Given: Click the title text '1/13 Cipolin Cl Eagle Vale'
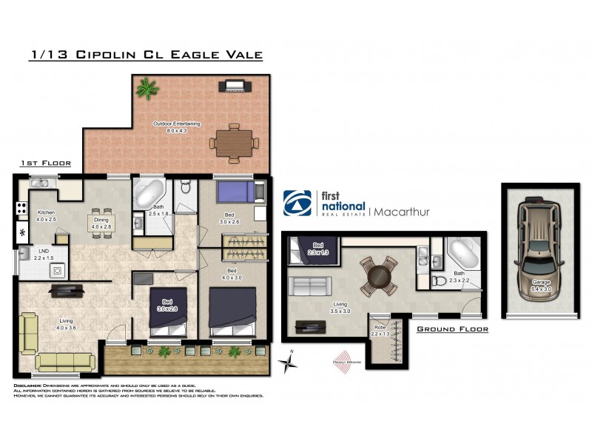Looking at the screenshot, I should pyautogui.click(x=146, y=54).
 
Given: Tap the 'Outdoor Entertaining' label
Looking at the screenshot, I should pyautogui.click(x=176, y=127).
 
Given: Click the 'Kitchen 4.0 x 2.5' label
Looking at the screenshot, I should pyautogui.click(x=46, y=216).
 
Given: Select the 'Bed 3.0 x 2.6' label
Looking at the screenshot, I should pyautogui.click(x=231, y=218).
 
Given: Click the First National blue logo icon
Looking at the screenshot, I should pyautogui.click(x=299, y=203).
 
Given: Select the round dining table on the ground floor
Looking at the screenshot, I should pyautogui.click(x=378, y=275).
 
